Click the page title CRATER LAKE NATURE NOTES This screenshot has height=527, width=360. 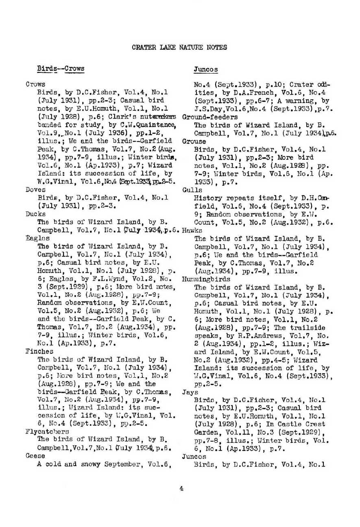[179, 47]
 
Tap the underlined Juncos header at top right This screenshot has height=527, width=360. [206, 70]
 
